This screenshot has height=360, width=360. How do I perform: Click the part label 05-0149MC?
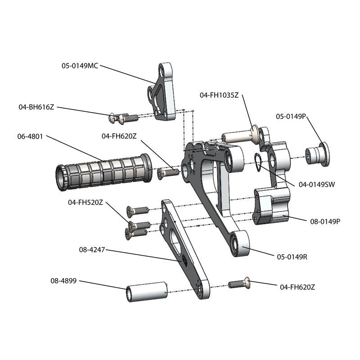point(80,65)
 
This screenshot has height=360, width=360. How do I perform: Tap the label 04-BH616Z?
point(36,107)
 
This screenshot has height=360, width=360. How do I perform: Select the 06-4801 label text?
point(30,136)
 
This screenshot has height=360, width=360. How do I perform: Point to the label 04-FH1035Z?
point(219,95)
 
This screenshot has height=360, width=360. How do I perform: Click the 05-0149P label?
point(291,116)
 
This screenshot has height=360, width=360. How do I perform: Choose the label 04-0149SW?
point(316,184)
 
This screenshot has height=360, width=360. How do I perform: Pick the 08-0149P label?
point(325,221)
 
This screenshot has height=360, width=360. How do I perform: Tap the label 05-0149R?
point(292,257)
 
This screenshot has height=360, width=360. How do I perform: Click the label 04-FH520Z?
point(86,202)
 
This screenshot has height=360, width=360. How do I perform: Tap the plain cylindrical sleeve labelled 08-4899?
point(146,292)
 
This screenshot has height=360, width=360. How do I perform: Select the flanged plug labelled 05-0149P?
point(317,155)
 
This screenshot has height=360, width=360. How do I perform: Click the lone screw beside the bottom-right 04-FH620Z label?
point(239,283)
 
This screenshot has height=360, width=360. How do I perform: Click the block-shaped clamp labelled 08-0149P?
point(272,206)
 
